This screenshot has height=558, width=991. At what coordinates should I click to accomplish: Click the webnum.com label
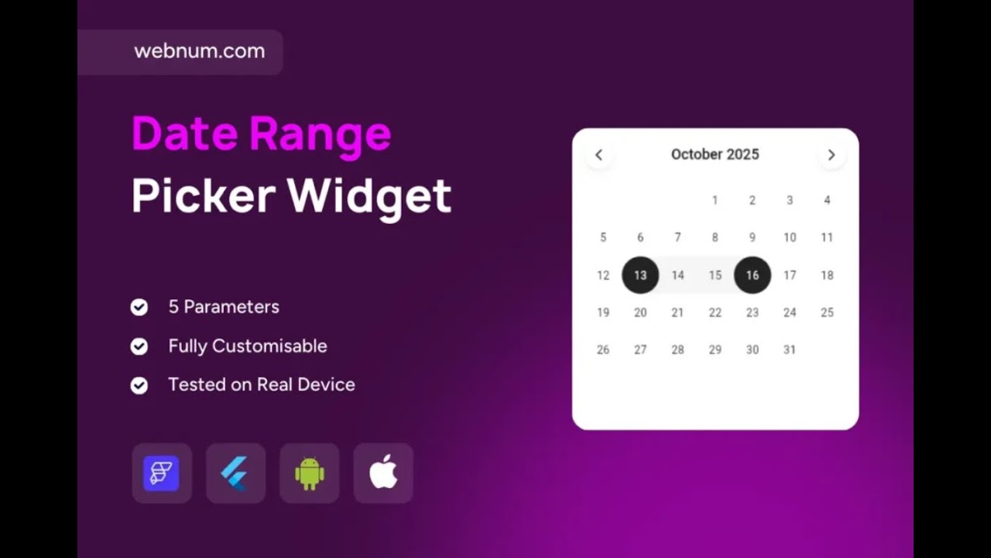click(x=199, y=51)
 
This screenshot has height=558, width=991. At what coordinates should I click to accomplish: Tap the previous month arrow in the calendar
click(x=598, y=155)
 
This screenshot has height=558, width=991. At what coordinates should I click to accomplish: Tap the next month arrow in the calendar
click(x=832, y=155)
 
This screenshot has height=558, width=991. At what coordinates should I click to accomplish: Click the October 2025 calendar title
click(x=715, y=154)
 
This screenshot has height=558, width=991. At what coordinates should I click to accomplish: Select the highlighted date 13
click(x=640, y=275)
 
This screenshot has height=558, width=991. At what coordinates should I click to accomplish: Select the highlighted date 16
click(x=753, y=275)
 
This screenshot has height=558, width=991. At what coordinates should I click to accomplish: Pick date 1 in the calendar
click(x=715, y=200)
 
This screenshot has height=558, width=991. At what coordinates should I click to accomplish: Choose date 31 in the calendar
click(x=789, y=350)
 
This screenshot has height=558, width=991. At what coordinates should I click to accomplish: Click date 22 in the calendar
click(x=715, y=312)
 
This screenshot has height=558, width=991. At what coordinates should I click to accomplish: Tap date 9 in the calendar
click(x=752, y=237)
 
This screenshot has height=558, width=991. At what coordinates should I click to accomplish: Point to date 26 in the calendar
click(x=603, y=350)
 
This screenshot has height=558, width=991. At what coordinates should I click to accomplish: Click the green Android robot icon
click(x=309, y=473)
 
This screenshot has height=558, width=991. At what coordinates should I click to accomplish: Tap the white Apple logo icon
click(x=383, y=472)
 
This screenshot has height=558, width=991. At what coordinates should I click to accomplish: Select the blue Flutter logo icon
click(x=235, y=473)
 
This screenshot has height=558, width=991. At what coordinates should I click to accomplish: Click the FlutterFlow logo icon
click(x=161, y=473)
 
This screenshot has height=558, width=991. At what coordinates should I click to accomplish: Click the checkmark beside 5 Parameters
click(x=139, y=308)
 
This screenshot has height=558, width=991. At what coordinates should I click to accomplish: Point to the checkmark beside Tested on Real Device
click(x=139, y=385)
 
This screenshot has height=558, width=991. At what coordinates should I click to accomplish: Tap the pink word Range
click(x=320, y=133)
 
